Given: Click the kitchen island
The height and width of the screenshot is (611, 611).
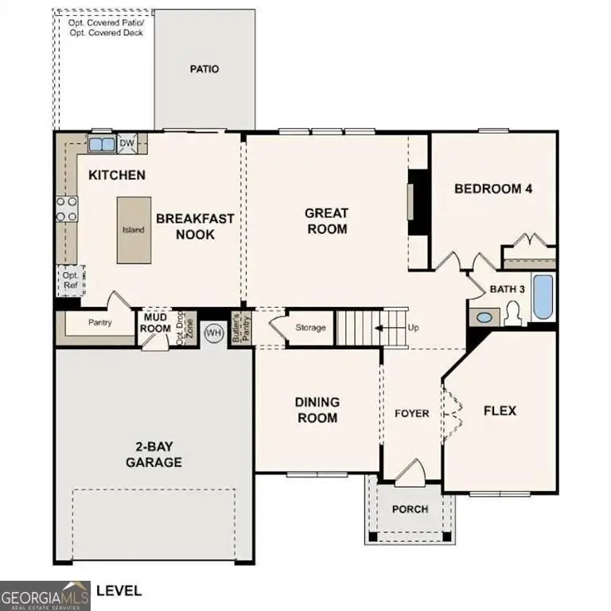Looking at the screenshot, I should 133,230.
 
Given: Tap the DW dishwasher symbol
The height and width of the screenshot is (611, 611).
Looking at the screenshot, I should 126,144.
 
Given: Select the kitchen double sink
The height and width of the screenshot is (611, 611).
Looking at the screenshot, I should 101,145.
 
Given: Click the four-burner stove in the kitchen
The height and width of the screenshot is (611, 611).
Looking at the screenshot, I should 67,208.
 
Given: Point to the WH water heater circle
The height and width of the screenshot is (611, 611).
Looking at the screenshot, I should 213,333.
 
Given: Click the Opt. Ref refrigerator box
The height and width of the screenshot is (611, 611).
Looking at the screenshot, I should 70,280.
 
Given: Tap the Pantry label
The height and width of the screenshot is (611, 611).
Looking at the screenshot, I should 99,323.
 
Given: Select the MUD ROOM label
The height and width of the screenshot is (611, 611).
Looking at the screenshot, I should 155,323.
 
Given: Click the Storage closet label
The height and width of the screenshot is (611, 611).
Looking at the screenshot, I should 310,328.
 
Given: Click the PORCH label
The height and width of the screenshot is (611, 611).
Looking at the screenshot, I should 411,509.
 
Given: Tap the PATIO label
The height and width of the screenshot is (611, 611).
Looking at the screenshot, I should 204,69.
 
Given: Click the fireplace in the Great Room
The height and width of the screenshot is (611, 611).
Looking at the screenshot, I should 414,203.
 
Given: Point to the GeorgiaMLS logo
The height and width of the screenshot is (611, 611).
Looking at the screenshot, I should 45,595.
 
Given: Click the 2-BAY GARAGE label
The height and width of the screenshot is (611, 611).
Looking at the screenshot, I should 153,455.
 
